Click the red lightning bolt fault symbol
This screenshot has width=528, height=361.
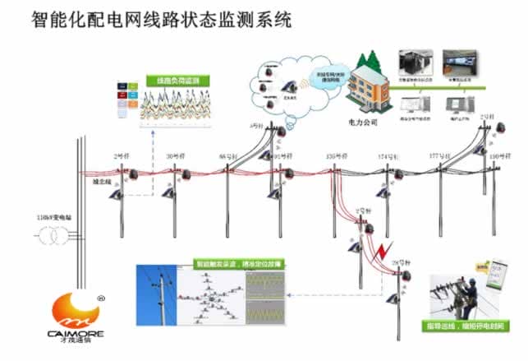[379, 249]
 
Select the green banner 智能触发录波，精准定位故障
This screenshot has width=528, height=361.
[235, 265]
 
